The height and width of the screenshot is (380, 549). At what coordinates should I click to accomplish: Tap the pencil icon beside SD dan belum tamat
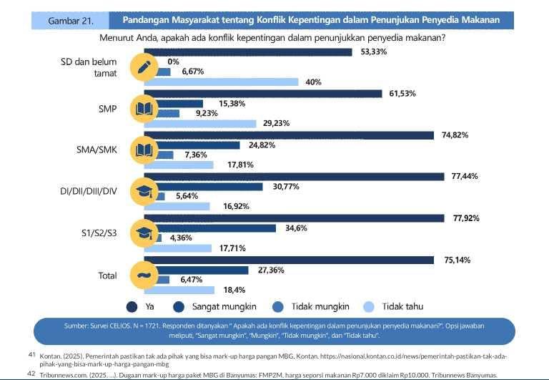coord(143,67)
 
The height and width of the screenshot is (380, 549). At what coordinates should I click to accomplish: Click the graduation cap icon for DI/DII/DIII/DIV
coord(143,191)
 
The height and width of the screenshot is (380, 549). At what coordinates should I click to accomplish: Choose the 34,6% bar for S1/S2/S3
coord(214,228)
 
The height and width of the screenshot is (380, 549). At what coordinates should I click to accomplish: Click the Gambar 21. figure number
coord(71,20)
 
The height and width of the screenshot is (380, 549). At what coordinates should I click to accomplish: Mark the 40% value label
coord(312,82)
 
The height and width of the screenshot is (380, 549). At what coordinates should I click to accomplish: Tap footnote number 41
coord(31,354)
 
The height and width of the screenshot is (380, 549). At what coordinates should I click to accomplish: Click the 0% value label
coord(174,62)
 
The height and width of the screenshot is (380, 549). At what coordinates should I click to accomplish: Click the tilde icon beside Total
coord(143,274)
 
